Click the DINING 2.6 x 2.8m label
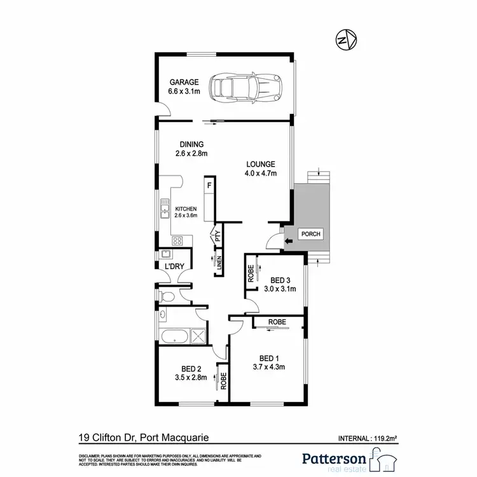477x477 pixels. [x=192, y=149]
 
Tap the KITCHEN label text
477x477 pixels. [x=186, y=209]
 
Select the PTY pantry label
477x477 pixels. [x=217, y=236]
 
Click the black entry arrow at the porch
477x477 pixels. [x=286, y=240]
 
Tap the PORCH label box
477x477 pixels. [x=310, y=234]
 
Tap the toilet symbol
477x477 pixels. [x=166, y=296]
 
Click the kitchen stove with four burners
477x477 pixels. [x=177, y=240]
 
